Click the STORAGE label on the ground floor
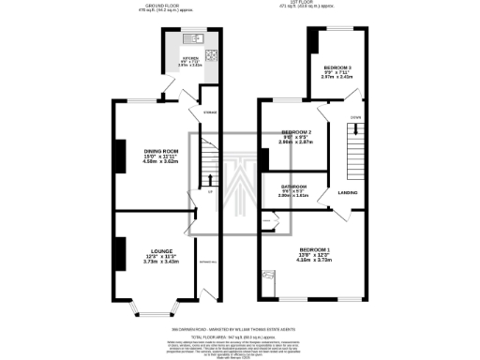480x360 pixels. coord(211,113)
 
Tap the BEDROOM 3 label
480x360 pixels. coord(338,68)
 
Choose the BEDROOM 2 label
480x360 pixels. coord(296,131)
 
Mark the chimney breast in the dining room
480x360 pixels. coord(118,156)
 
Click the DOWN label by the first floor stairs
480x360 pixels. coord(355,116)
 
